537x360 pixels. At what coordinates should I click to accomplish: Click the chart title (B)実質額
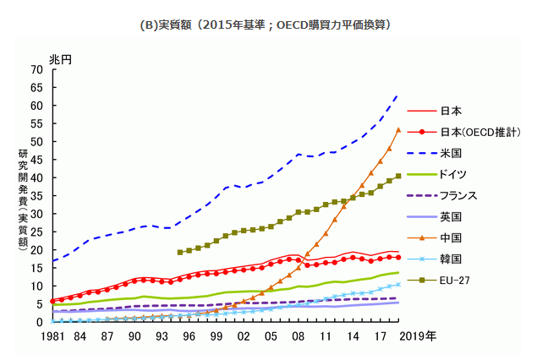tap(166, 25)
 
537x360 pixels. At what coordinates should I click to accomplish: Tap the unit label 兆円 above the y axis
tap(61, 60)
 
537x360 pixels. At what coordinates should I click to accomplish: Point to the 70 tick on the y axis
tap(36, 70)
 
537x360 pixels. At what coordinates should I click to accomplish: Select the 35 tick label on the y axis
tap(36, 196)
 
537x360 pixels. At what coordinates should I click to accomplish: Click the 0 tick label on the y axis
tap(40, 322)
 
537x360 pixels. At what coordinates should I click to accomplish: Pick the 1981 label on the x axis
tap(52, 336)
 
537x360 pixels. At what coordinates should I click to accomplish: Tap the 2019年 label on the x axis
tap(418, 336)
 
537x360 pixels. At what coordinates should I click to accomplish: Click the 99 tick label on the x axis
tap(216, 336)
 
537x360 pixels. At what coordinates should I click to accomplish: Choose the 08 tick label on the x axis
tap(298, 336)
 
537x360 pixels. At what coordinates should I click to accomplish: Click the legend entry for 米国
tap(435, 153)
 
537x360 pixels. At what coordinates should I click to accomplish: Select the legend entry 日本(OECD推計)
tap(463, 132)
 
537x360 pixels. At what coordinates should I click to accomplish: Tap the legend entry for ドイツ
tap(437, 175)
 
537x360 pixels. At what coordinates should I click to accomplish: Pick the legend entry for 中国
tap(435, 237)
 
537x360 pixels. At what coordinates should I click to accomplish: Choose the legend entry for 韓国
tap(435, 259)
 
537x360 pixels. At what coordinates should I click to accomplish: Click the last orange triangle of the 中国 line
tap(398, 130)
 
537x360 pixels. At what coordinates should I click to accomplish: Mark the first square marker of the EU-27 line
tap(180, 253)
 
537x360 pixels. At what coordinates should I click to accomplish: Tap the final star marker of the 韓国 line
tap(398, 285)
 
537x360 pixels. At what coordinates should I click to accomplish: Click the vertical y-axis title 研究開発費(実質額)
tap(23, 200)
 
